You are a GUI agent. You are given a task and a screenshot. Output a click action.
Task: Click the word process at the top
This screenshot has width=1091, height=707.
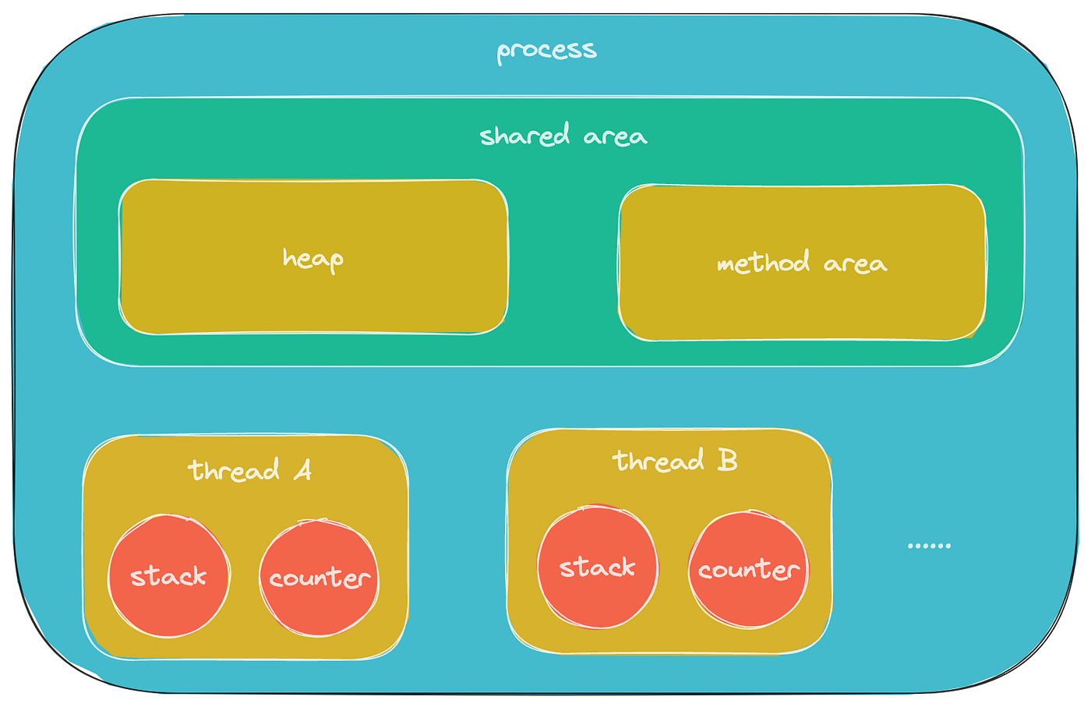[x=546, y=51]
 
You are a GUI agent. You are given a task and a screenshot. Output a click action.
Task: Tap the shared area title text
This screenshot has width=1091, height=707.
[x=563, y=136]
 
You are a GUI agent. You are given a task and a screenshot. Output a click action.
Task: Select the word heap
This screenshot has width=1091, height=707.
[x=312, y=258]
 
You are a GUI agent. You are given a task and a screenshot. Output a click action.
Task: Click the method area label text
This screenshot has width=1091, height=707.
[x=801, y=263]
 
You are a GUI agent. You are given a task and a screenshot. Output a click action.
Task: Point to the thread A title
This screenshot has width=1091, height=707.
[x=249, y=470]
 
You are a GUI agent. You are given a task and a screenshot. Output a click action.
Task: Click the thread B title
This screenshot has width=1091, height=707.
[x=674, y=461]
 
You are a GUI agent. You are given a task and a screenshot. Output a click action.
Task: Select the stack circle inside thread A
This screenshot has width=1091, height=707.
[x=168, y=576]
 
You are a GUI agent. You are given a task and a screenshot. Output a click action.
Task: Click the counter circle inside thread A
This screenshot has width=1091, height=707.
[x=319, y=578]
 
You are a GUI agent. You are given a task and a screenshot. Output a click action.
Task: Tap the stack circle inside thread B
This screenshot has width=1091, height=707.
[x=597, y=567]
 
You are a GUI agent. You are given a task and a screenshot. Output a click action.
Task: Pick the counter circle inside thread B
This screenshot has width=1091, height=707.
[x=748, y=570]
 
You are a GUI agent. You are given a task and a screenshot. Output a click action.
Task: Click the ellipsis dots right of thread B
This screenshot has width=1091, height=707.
[x=929, y=546]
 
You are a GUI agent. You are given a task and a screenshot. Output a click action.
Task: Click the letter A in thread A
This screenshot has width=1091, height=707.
[x=302, y=470]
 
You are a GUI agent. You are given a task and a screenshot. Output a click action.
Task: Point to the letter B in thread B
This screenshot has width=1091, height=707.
[x=726, y=460]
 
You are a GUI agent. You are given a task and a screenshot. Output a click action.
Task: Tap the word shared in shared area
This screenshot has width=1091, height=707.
[x=525, y=136]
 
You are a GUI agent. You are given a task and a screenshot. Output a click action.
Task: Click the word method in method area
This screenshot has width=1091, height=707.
[x=763, y=263]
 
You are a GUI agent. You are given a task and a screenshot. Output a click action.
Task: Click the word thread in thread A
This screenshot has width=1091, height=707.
[x=234, y=471]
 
